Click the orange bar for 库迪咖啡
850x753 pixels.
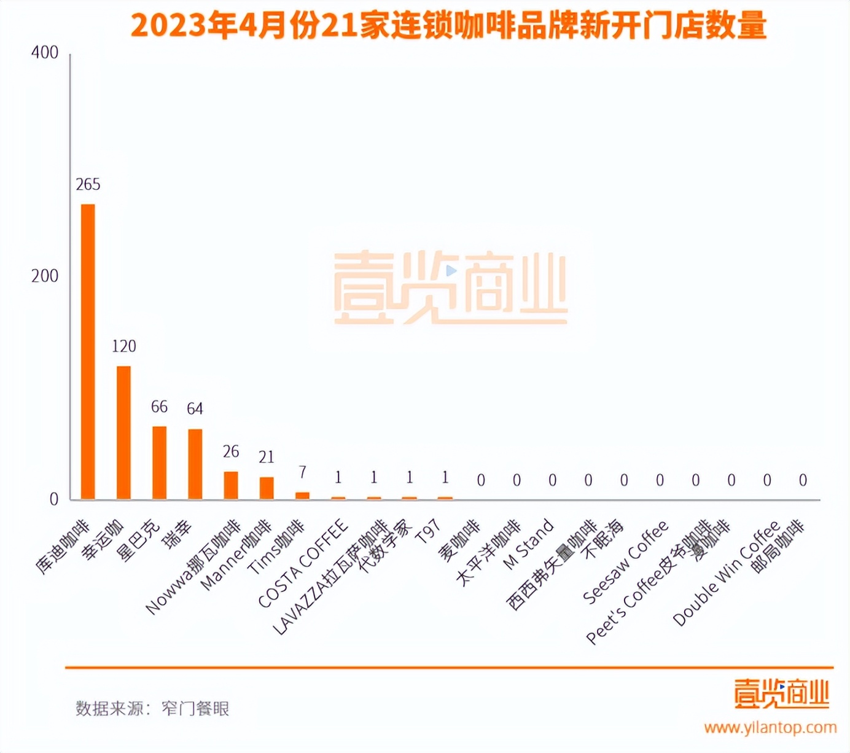coord(88,351)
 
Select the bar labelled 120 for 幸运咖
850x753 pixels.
coord(123,432)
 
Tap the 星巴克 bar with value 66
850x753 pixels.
coord(160,462)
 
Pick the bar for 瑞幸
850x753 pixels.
coord(195,464)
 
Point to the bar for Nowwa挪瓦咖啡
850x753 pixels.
coord(231,485)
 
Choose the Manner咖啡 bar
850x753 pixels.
coord(267,488)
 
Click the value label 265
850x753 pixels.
coord(88,184)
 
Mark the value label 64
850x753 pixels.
coord(195,408)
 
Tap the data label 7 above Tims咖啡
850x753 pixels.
coord(302,472)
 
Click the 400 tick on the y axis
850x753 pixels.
coord(45,53)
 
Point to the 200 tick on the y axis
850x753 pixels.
coord(45,276)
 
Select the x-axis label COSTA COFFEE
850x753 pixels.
coord(303,564)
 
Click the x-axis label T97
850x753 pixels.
coord(428,532)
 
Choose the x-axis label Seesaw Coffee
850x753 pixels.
coord(625,562)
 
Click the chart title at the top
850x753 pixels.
coord(448,26)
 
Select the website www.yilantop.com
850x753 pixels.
coord(770,728)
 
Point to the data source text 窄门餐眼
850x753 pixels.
coord(195,708)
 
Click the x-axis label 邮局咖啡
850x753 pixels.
coord(778,546)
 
